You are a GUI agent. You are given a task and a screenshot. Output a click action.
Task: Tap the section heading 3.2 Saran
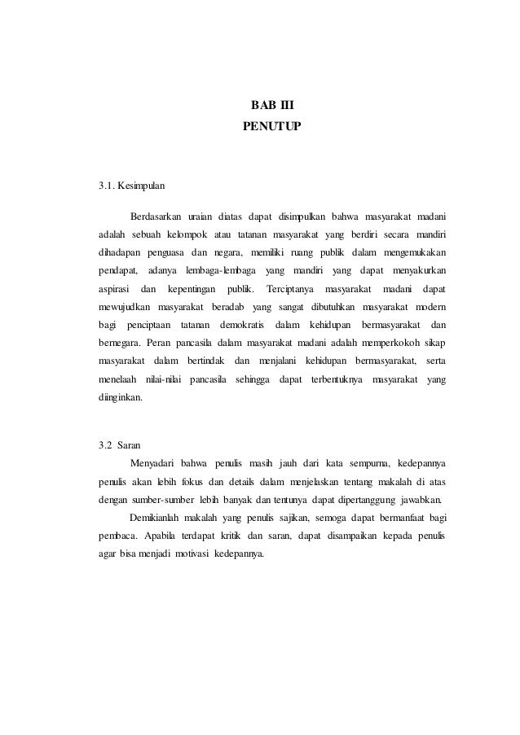tap(120, 445)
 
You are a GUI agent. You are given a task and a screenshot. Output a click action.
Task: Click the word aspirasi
tap(114, 289)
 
